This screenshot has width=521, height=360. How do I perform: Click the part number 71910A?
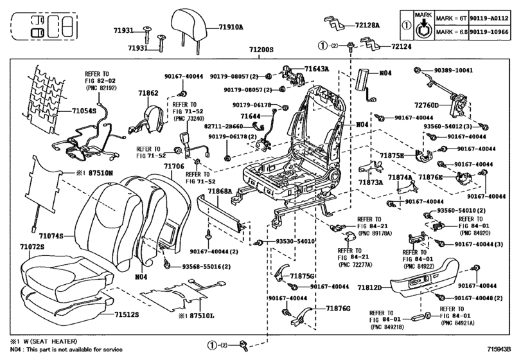[231, 27]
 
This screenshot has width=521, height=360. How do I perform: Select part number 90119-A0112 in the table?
[489, 18]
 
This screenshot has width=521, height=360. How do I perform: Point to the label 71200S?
[261, 50]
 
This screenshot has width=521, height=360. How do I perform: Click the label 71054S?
[84, 111]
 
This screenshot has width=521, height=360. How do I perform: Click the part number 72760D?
[427, 105]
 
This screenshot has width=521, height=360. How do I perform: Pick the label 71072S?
[32, 247]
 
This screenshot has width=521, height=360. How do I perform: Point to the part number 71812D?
[369, 287]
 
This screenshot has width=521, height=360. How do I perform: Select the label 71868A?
[220, 191]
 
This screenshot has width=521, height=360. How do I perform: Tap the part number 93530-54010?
[295, 241]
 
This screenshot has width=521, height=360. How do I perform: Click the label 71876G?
[338, 309]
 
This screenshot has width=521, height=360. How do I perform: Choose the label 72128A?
[367, 25]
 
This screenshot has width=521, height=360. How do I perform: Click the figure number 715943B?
[499, 349]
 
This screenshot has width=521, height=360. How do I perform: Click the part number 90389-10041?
[453, 70]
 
